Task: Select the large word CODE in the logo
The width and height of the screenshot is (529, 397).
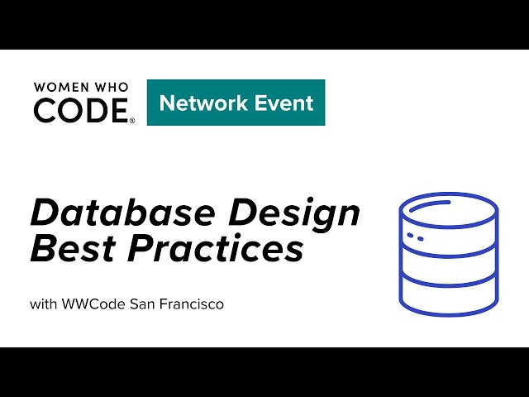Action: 80,110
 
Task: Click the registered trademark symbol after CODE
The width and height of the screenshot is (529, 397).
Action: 132,120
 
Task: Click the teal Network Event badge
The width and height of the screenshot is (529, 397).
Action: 236,103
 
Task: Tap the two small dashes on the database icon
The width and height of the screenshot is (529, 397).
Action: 417,237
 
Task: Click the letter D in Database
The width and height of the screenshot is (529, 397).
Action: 44,213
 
